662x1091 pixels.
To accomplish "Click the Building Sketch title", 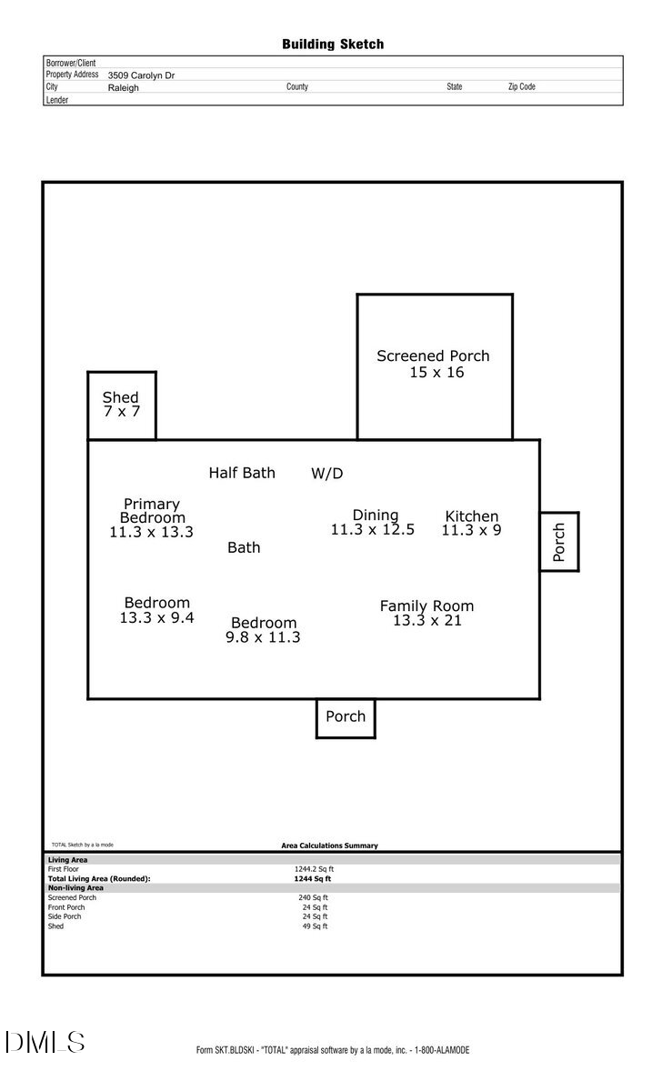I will coord(332,44).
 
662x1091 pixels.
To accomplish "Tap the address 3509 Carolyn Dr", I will coord(141,75).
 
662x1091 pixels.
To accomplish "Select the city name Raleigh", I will coord(124,88).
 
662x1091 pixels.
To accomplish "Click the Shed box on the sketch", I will coord(121,405).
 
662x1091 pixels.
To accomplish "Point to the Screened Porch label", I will coord(433,356).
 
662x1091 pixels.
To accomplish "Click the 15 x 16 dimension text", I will coord(436,373).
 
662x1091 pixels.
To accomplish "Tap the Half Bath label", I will coord(242,473).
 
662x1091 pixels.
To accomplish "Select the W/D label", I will coord(327,474).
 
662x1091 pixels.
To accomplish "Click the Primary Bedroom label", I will coord(151,511).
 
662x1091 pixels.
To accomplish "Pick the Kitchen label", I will coord(471,516).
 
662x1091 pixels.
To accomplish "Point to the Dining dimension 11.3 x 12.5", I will coord(372,530).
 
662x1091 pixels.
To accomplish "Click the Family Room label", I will coord(426,606).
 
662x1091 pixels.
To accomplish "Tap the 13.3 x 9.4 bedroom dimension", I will coord(156,618).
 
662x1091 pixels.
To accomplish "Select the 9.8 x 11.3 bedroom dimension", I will coord(263,638).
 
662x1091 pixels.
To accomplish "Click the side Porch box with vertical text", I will coord(559,542).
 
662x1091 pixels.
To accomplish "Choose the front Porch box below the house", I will coord(346,717).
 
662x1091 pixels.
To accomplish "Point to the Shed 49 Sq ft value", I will coord(315,926).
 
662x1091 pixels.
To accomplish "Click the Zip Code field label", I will coord(521,87).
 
